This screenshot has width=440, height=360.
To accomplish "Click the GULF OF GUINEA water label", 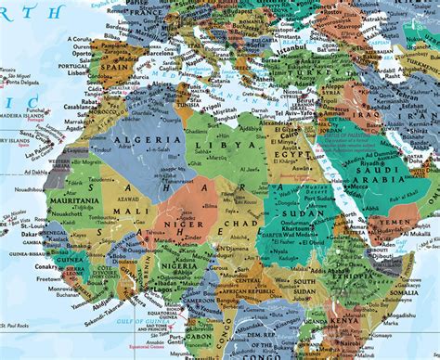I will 139,320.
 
